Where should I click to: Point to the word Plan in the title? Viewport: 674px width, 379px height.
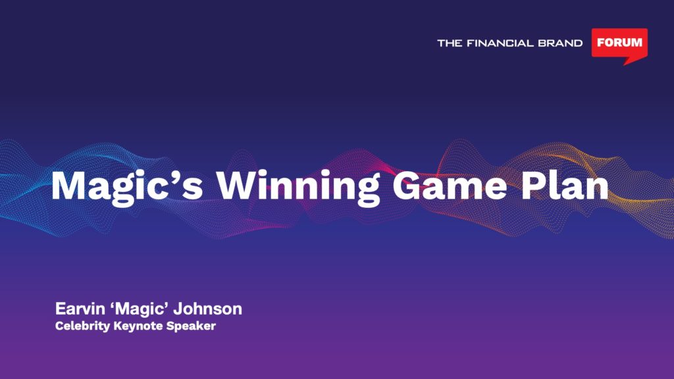(x=565, y=185)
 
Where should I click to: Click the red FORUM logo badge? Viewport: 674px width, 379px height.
(x=619, y=43)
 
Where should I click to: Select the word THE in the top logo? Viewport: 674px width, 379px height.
(x=450, y=43)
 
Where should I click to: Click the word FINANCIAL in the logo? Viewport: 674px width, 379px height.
(x=500, y=43)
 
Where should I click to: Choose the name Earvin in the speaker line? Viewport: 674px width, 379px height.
(x=80, y=309)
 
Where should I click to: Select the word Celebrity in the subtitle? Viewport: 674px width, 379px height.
(x=82, y=326)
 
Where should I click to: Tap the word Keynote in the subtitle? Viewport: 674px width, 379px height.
(x=138, y=326)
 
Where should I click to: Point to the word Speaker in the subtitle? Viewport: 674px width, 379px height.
(x=191, y=326)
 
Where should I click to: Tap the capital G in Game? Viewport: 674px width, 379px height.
(x=407, y=186)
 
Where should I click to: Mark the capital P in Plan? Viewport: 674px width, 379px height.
(x=533, y=186)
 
